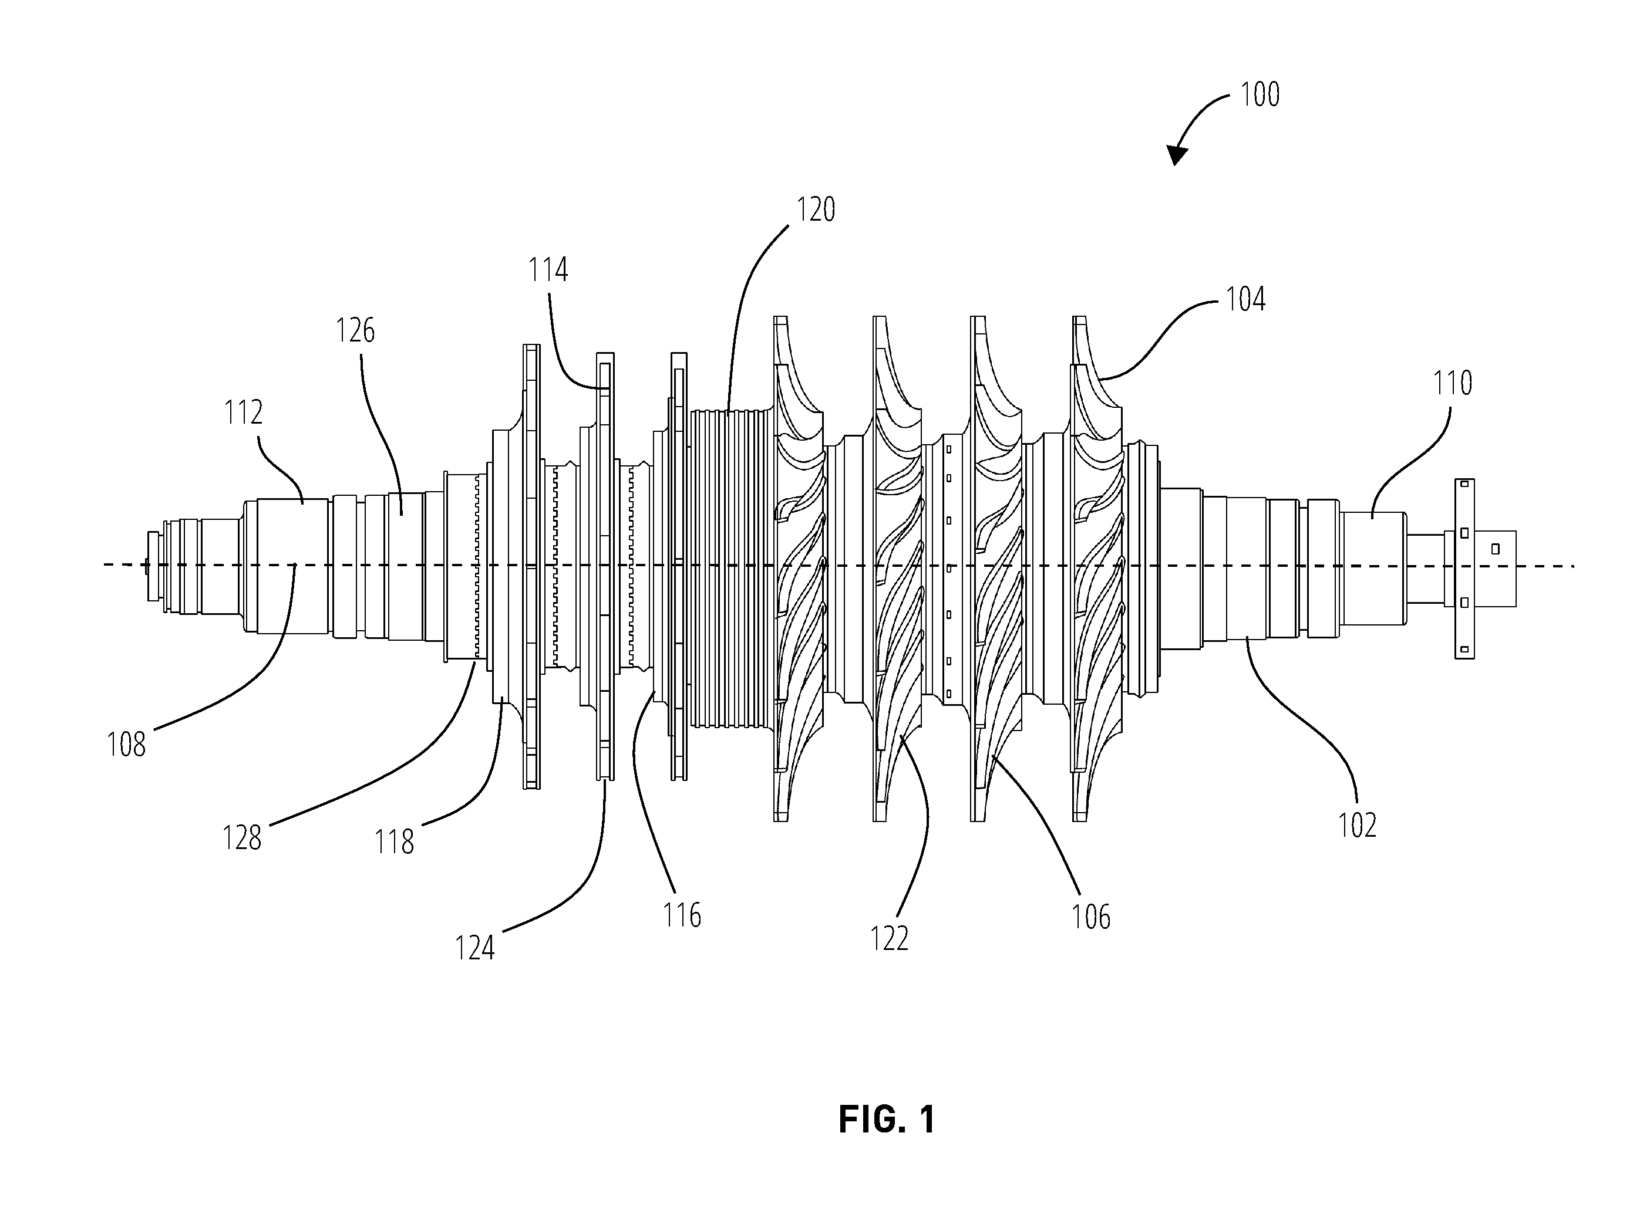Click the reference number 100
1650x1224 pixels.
click(1260, 95)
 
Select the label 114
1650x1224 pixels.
click(548, 271)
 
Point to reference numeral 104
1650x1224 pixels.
click(1245, 299)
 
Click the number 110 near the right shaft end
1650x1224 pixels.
click(1452, 384)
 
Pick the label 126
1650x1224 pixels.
click(355, 330)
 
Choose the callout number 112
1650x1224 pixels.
click(244, 412)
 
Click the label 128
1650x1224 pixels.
click(242, 838)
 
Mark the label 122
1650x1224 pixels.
click(889, 939)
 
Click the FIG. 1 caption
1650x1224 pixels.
click(887, 1120)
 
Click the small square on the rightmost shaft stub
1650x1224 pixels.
click(1495, 548)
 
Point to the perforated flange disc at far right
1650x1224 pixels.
click(1464, 568)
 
